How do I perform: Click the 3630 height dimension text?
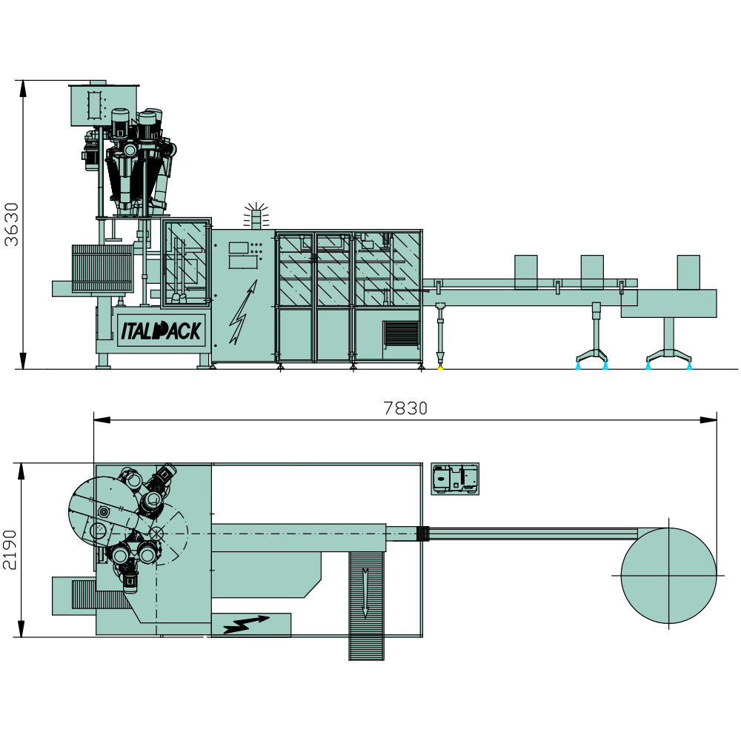tap(11, 225)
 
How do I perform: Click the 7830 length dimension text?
tap(405, 408)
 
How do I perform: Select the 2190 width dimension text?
tap(10, 550)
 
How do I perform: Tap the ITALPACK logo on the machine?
tap(162, 330)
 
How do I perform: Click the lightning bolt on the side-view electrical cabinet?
tap(243, 312)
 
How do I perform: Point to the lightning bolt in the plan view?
tap(246, 625)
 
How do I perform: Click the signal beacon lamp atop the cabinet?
tap(256, 216)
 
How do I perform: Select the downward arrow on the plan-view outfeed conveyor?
tap(365, 593)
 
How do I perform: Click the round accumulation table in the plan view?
tap(668, 576)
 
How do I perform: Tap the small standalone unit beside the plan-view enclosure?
tap(455, 479)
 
